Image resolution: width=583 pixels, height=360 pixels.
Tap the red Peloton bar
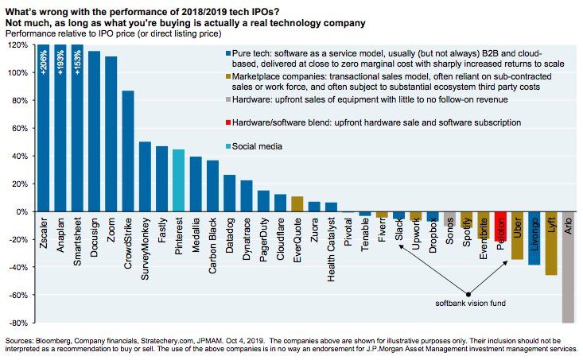tap(500, 226)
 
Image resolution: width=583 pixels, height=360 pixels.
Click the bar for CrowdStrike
tap(127, 151)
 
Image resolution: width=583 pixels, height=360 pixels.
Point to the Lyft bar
tap(551, 243)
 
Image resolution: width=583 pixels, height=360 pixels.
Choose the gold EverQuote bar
tap(297, 204)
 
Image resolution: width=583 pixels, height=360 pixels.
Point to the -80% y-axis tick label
tap(17, 323)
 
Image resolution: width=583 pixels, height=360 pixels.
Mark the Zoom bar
tap(111, 134)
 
